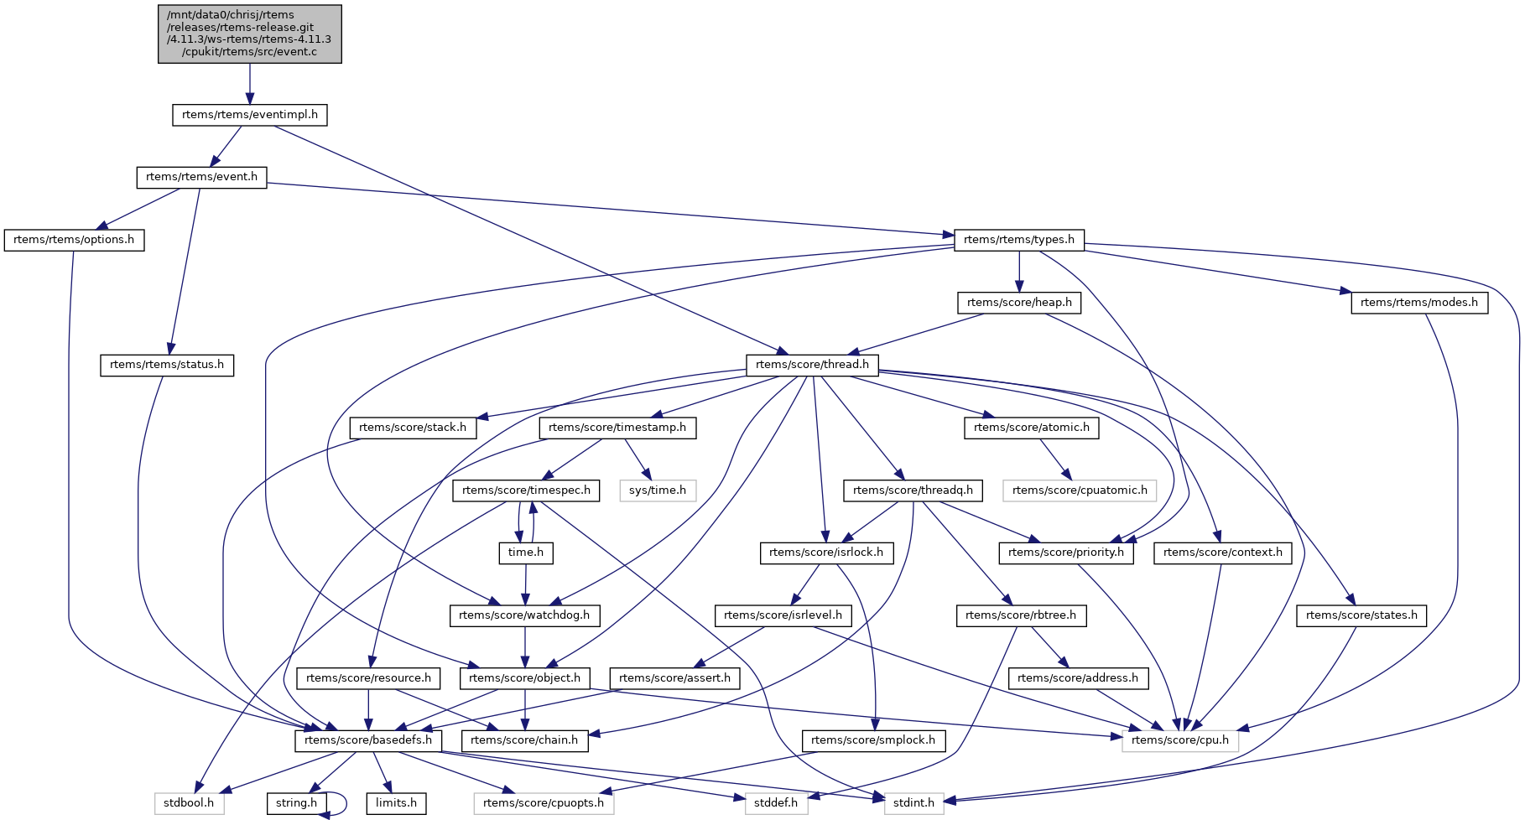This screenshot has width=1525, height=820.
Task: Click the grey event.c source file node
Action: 249,34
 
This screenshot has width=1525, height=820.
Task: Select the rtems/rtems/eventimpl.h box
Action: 249,115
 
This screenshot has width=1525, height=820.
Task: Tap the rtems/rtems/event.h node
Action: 201,177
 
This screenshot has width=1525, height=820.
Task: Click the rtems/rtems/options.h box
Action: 74,240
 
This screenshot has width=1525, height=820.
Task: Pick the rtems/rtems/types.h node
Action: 1018,240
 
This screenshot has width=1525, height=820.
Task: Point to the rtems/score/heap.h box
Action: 1018,303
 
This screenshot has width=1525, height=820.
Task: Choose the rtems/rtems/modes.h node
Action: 1418,303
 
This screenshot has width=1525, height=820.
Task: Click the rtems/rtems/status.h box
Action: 167,365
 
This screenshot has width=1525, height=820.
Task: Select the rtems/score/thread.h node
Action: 812,365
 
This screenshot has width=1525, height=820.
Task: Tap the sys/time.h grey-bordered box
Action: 658,490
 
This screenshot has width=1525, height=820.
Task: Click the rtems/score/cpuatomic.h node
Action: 1079,490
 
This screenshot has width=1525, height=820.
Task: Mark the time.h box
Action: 526,553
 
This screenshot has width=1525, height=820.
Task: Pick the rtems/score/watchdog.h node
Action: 525,615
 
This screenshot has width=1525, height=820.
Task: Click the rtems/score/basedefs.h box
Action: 368,740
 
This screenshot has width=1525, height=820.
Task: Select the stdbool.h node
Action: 189,803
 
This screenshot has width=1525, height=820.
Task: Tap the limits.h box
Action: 396,803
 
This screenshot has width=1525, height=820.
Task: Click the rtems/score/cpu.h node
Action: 1179,740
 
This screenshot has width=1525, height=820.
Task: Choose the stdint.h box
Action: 913,803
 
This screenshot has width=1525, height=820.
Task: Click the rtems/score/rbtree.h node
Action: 1021,615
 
